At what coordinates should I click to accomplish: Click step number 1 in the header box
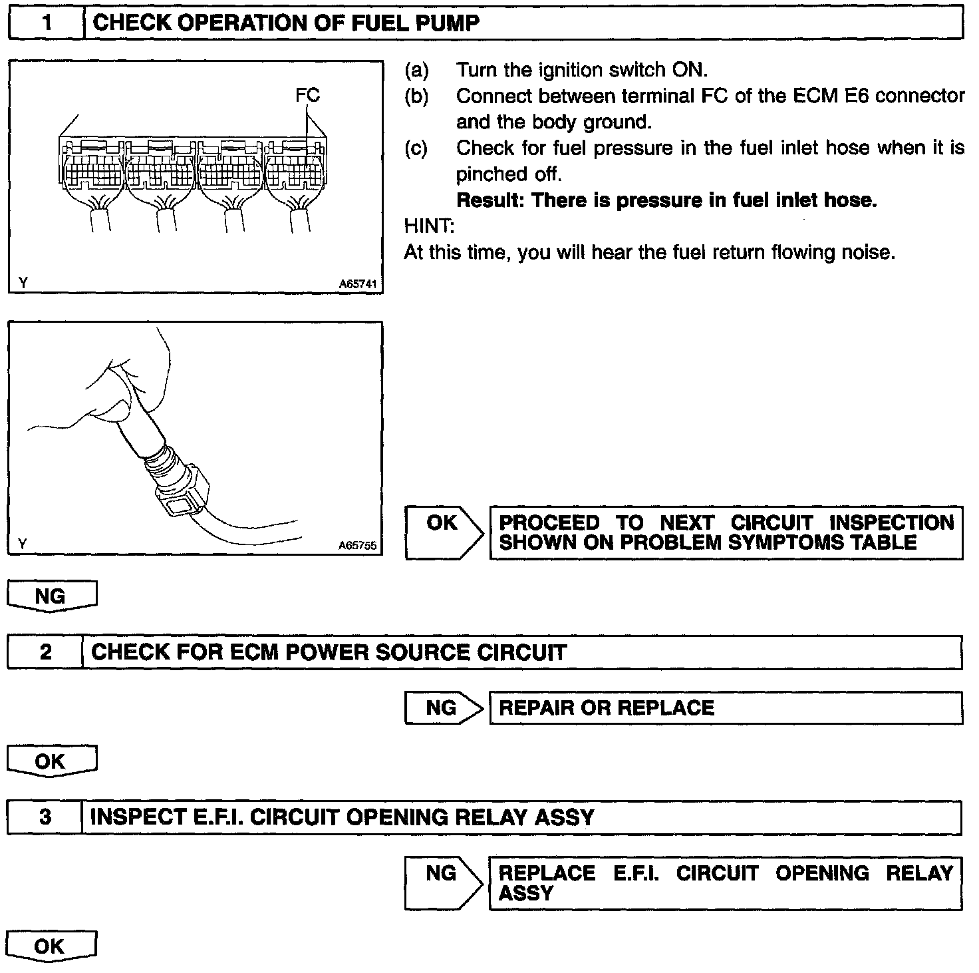tap(47, 23)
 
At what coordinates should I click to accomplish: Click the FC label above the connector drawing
tap(307, 96)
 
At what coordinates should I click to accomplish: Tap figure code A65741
tap(358, 284)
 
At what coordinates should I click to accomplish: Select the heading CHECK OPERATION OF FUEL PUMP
tap(286, 23)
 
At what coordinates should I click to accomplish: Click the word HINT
tap(428, 226)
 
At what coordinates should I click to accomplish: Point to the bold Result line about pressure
tap(666, 200)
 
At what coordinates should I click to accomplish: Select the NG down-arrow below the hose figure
tap(52, 596)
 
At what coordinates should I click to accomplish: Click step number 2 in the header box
tap(45, 652)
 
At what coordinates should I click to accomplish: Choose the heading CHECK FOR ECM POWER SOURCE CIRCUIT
tap(329, 652)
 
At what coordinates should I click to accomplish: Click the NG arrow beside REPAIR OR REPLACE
tap(443, 708)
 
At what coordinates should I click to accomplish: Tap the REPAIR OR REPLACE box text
tap(607, 708)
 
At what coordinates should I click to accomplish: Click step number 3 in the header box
tap(45, 817)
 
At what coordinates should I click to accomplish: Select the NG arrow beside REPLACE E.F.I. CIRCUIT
tap(443, 882)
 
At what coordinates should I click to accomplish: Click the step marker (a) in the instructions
tap(416, 71)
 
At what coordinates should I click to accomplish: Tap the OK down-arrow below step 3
tap(51, 946)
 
